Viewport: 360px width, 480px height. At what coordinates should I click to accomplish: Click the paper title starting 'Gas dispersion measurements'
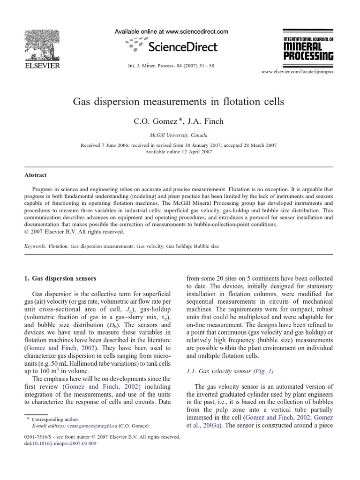(180, 101)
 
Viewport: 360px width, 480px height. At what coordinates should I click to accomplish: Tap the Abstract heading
(36, 175)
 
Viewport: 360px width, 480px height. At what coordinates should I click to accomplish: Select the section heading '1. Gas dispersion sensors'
(60, 278)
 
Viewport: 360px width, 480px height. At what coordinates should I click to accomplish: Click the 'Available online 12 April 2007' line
(180, 152)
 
